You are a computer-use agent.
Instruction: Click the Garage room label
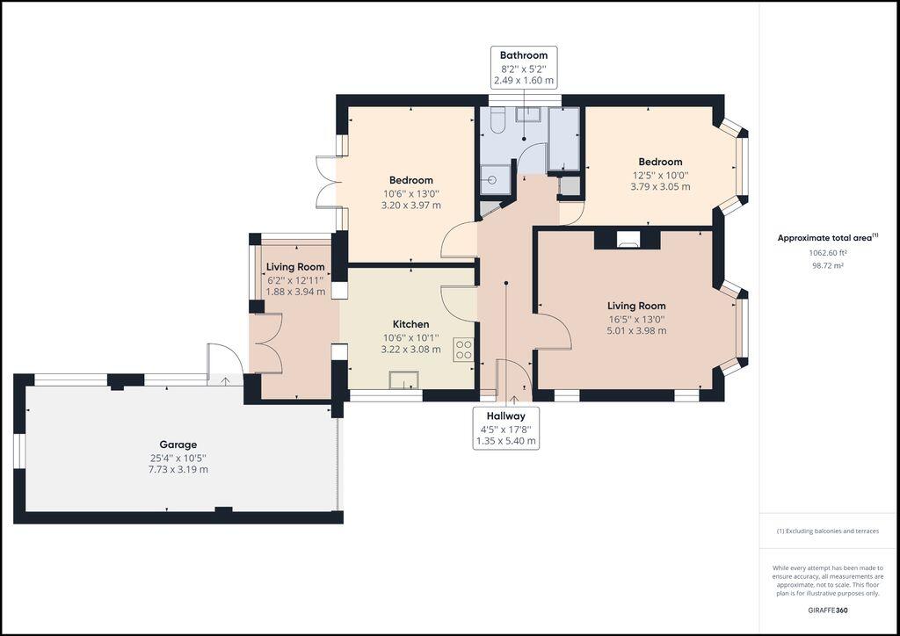tap(178, 444)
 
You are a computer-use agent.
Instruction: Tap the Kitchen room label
tap(410, 324)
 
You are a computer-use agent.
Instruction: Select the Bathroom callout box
tap(524, 68)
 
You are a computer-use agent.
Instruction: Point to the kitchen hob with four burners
tap(463, 350)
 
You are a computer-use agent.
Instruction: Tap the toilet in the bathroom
tap(497, 121)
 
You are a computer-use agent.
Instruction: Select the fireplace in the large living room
tap(628, 238)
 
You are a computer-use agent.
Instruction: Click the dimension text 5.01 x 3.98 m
tap(636, 331)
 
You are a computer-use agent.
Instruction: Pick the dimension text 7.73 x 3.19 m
tap(178, 469)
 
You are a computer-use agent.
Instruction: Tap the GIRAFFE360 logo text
tap(828, 610)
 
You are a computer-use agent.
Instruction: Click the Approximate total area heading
tap(826, 237)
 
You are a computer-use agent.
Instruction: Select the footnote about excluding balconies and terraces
tap(827, 531)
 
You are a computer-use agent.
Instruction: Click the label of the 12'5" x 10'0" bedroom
tap(660, 162)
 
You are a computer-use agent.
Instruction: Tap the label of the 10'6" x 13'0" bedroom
tap(410, 180)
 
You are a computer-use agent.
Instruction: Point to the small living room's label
tap(295, 267)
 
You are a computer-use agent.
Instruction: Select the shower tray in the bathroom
tap(496, 181)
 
